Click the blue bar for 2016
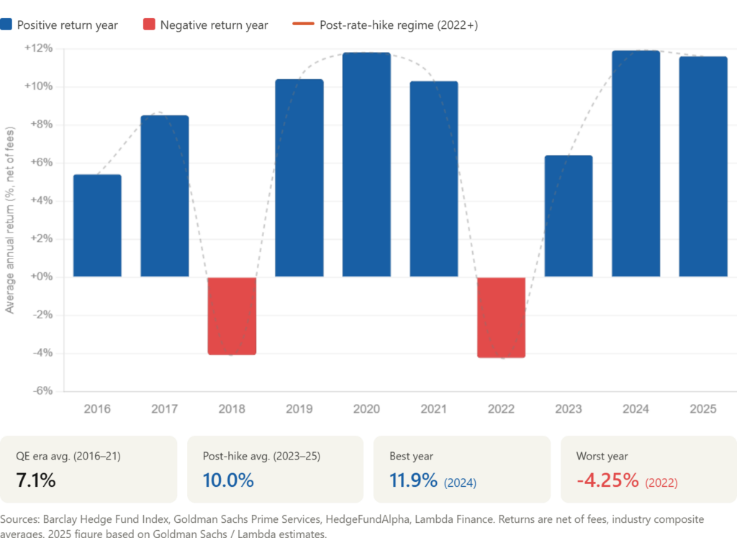click(97, 225)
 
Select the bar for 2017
click(164, 196)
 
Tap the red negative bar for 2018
click(232, 316)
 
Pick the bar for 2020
click(366, 164)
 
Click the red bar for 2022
click(502, 318)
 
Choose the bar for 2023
click(569, 216)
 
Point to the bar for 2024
click(636, 163)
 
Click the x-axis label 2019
click(299, 409)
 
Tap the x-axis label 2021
click(434, 409)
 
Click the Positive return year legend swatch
click(6, 25)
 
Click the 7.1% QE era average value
click(35, 480)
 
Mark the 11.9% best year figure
click(413, 480)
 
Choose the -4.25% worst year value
click(607, 480)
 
